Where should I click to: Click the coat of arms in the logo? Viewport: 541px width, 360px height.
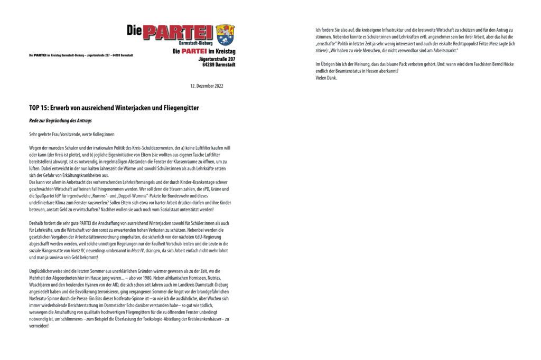[225, 34]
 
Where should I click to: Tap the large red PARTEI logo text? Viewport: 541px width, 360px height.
[178, 32]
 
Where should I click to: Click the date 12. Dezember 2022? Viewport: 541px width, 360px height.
[207, 86]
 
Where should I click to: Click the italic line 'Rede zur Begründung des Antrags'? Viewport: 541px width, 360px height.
[53, 121]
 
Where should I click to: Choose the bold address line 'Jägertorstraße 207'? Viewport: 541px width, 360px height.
[213, 59]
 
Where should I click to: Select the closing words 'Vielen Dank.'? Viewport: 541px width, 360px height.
[325, 78]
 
